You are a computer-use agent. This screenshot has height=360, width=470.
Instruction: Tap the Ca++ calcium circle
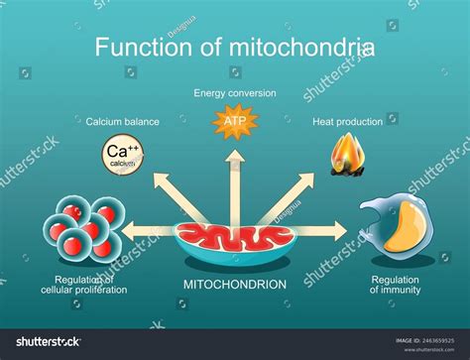[119, 156]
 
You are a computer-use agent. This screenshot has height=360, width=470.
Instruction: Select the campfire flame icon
[347, 157]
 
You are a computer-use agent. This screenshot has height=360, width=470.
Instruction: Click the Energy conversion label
[235, 93]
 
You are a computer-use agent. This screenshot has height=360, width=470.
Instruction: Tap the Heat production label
[347, 122]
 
